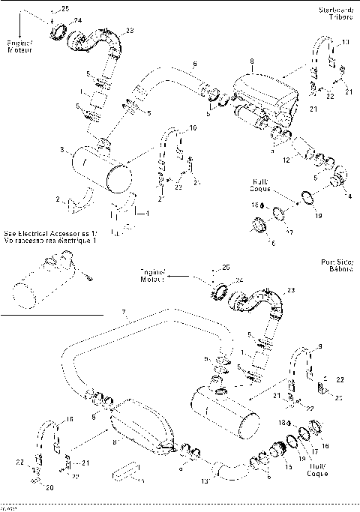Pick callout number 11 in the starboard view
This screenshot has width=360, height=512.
pos(345,42)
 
